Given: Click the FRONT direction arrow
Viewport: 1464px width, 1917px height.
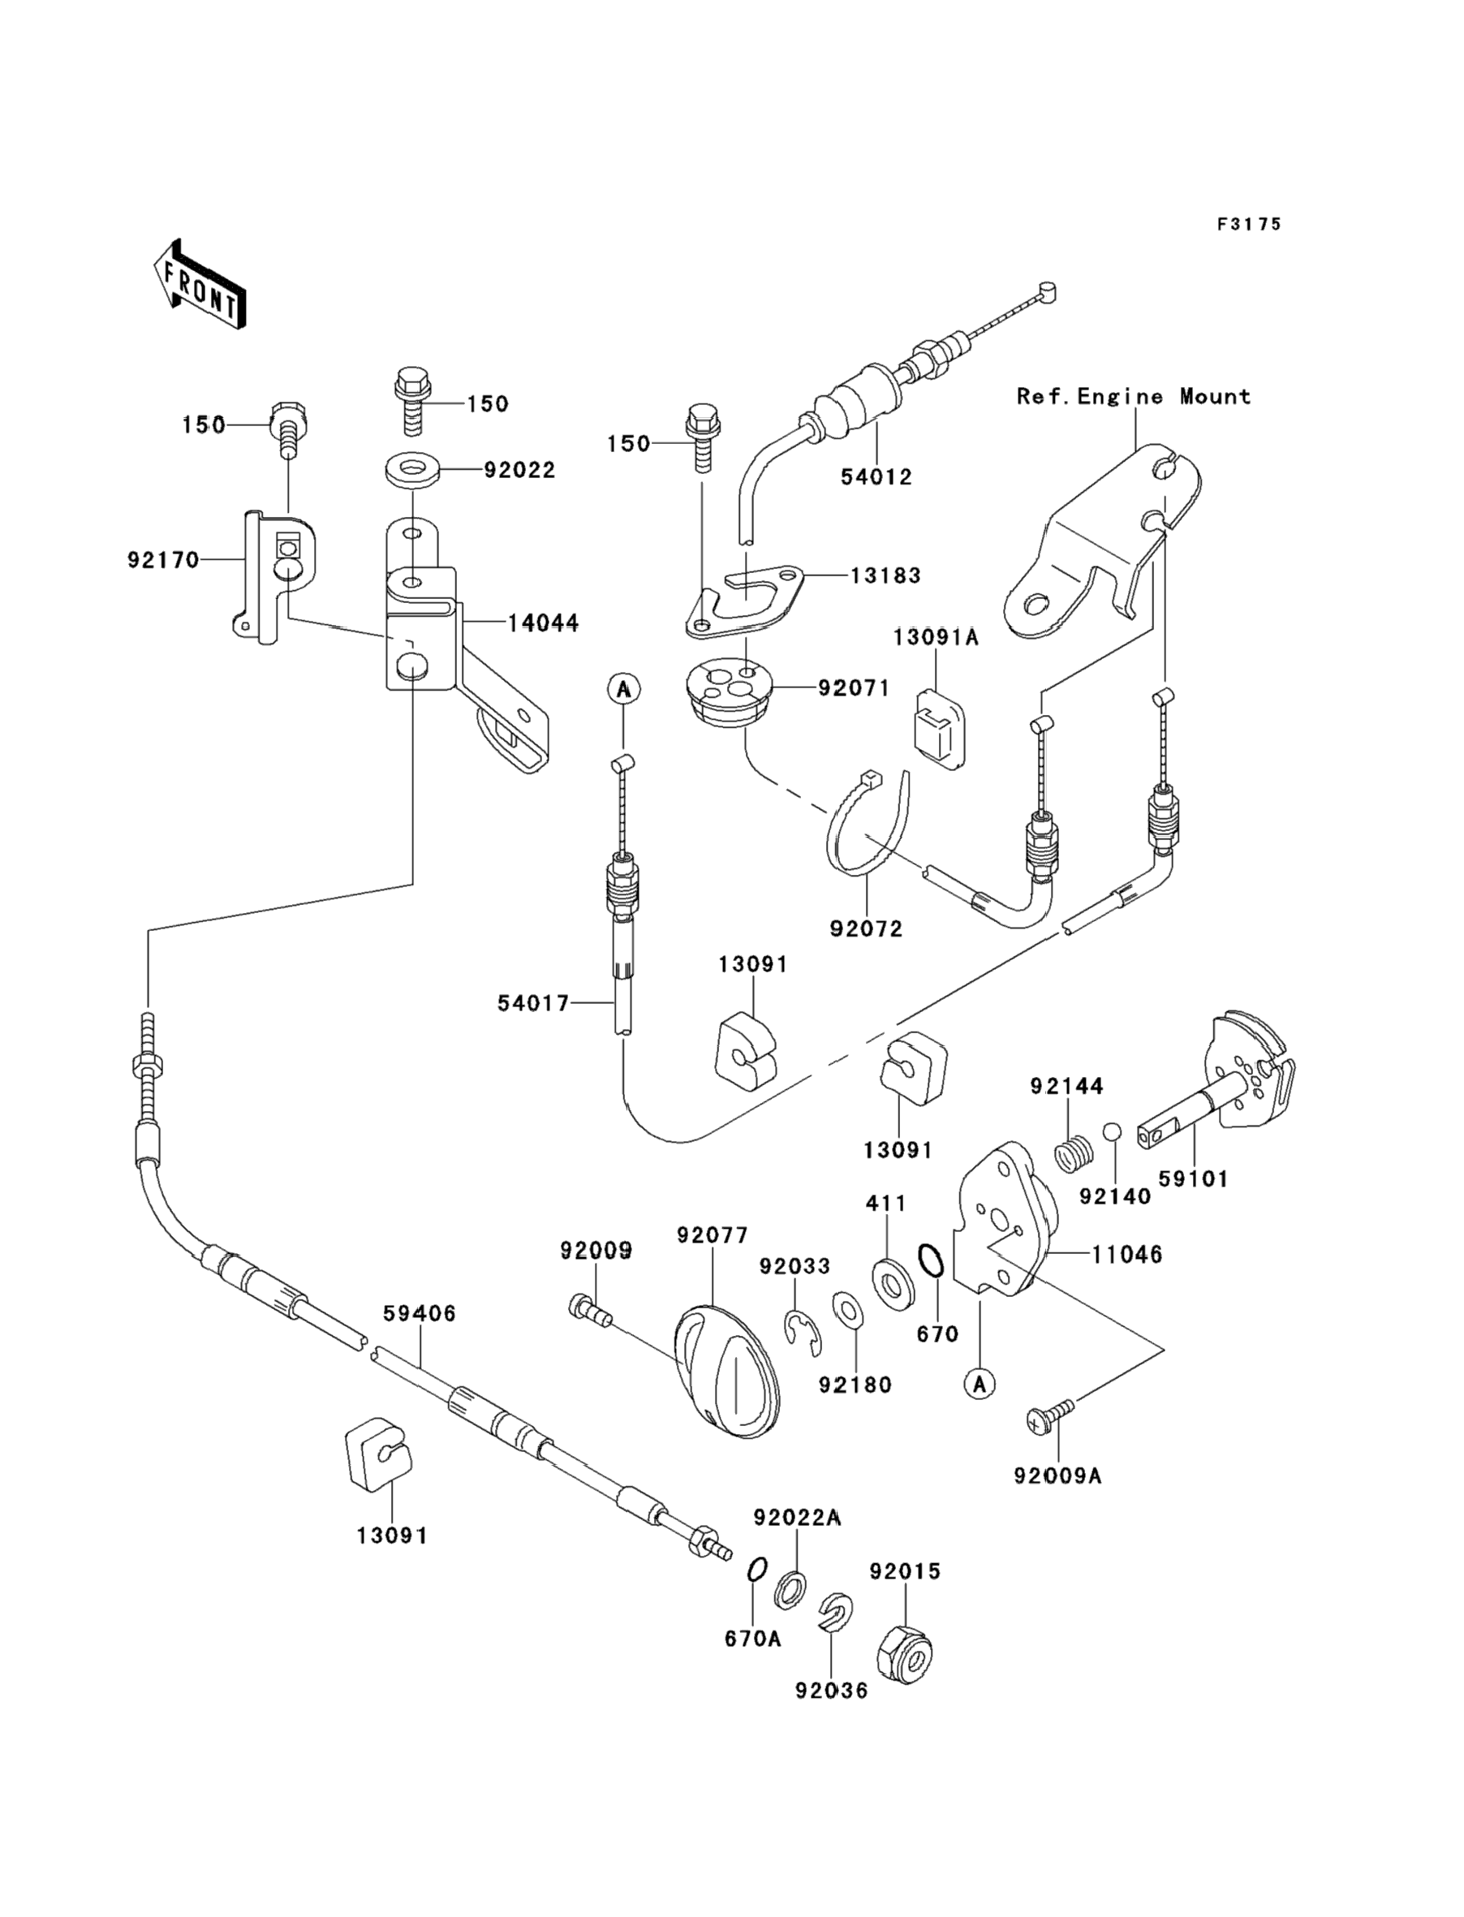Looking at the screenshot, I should [x=200, y=285].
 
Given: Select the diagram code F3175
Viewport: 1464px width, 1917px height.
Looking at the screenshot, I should [x=1249, y=225].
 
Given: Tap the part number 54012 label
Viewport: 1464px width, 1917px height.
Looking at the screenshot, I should [x=876, y=476].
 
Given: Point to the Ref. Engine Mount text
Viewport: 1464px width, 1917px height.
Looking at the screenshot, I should [x=1134, y=397].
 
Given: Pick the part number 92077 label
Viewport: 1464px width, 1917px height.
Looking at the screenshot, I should [x=712, y=1234].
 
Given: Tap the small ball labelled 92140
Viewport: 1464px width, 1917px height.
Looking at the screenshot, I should [x=1111, y=1132].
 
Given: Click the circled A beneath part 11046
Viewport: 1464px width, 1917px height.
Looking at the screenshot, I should [x=980, y=1383].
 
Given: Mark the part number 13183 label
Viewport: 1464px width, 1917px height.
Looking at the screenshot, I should [x=885, y=575].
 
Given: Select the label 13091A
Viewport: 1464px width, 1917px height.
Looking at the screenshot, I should [x=935, y=638].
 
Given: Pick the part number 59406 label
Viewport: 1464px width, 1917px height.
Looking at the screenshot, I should [x=420, y=1313].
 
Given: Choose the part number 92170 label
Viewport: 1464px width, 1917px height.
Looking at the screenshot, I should [x=163, y=559].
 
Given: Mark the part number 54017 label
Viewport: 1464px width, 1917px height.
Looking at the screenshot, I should [x=533, y=1003].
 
